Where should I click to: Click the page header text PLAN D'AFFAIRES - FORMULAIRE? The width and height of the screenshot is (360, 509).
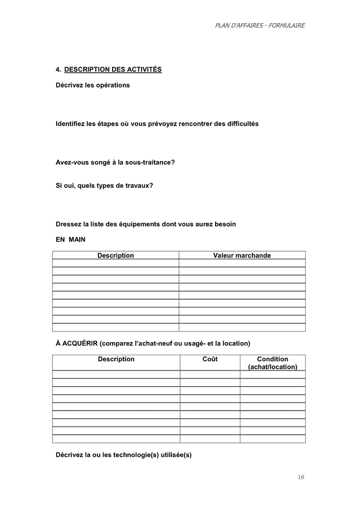(260, 25)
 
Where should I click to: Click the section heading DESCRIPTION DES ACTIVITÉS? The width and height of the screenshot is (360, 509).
(113, 70)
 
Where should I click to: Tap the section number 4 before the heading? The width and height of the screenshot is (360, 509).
(58, 70)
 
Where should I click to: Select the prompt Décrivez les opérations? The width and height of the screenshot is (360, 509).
(92, 85)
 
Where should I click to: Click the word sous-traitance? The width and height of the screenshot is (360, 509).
(152, 162)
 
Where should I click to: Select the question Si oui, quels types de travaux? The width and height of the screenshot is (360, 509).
(104, 186)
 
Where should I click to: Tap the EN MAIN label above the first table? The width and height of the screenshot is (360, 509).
(70, 240)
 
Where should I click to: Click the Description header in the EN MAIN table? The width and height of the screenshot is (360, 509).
(115, 256)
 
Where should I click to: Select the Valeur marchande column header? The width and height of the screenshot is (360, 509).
(242, 256)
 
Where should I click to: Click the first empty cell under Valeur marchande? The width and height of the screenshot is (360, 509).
(242, 263)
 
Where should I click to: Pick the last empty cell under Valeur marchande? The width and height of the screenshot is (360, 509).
(242, 327)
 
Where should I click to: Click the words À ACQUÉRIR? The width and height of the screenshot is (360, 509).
(76, 343)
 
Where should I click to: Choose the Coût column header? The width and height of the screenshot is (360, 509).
(209, 359)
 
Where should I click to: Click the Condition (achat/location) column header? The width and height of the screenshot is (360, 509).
(272, 363)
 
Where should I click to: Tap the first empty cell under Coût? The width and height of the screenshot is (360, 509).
(209, 374)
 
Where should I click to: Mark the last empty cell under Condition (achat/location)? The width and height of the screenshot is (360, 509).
(272, 439)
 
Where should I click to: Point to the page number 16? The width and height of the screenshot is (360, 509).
(301, 477)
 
